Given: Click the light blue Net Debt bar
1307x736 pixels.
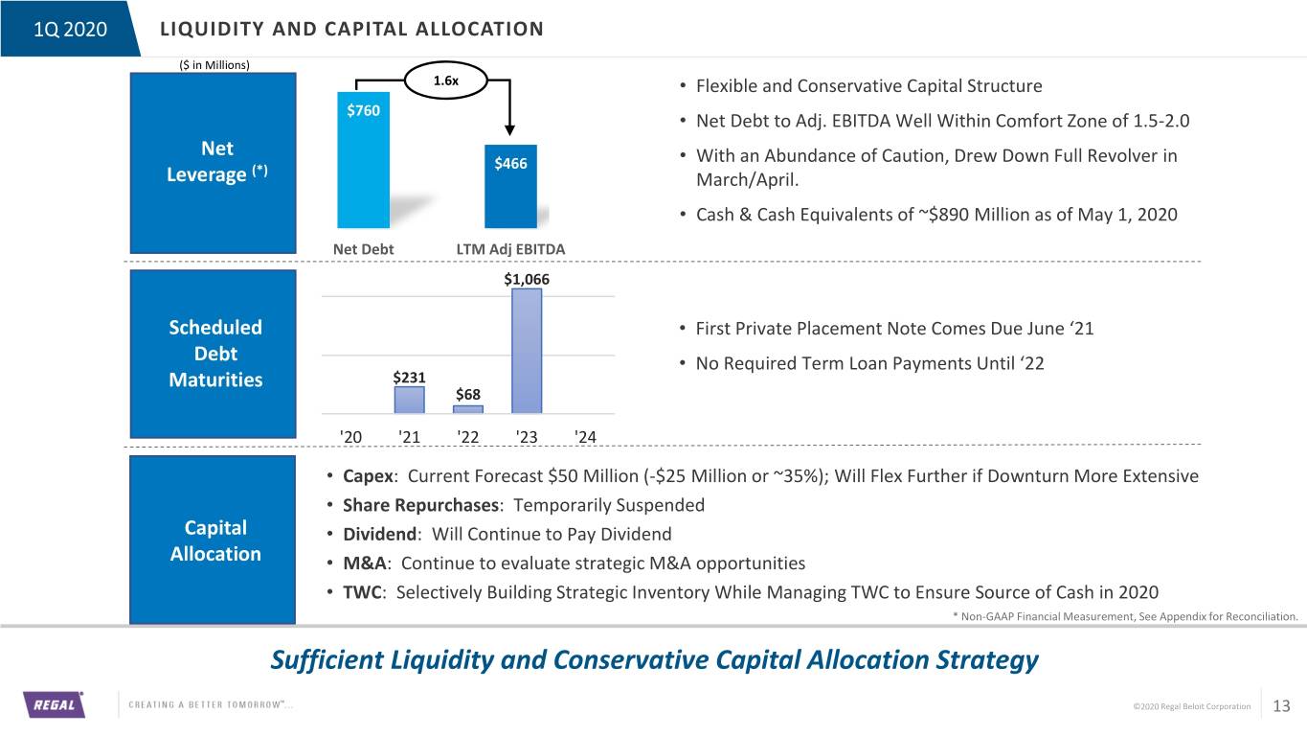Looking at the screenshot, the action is [x=363, y=160].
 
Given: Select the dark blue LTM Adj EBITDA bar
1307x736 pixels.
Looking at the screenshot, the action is [x=510, y=186].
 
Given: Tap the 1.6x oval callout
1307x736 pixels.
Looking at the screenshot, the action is [x=446, y=80].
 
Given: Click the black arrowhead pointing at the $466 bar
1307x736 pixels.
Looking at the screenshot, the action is [x=509, y=129].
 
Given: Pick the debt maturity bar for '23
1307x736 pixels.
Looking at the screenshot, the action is [x=527, y=351].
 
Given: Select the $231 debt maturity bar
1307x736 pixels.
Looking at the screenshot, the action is [x=409, y=401].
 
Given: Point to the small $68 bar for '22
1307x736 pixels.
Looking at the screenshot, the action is [x=468, y=409].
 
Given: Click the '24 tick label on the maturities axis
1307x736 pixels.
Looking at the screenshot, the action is [x=585, y=437].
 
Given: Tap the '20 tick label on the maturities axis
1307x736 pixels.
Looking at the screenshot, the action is [x=350, y=437].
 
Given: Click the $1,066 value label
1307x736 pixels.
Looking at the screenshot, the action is [x=527, y=279].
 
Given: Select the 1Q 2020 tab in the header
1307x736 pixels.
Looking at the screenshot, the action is [x=70, y=29].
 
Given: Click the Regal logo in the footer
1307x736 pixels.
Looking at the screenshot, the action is [x=54, y=704].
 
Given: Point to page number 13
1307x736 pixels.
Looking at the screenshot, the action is [x=1281, y=706].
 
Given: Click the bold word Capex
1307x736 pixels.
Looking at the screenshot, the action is [x=368, y=476].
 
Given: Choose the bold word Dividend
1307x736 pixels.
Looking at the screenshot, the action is [x=379, y=534].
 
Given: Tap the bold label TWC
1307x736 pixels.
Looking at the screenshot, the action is [x=362, y=592].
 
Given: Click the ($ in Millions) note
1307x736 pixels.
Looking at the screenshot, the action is [x=214, y=65].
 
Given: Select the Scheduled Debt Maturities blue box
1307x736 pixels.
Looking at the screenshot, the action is [x=213, y=354].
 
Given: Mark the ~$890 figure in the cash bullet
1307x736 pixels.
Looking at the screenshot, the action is [x=944, y=215].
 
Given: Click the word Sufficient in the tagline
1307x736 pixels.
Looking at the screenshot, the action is [x=327, y=660].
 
